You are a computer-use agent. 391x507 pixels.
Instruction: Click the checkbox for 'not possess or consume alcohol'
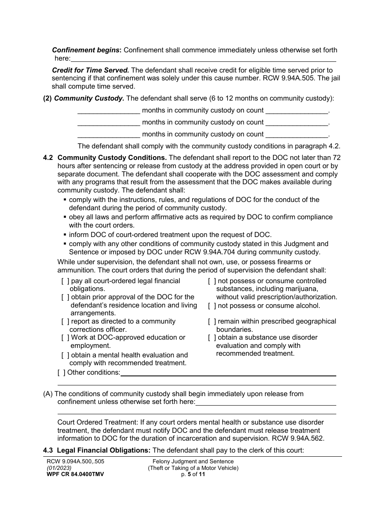pyautogui.click(x=212, y=306)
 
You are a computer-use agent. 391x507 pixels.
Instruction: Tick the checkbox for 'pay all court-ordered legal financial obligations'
pyautogui.click(x=65, y=281)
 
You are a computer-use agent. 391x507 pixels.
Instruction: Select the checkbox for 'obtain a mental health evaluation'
pyautogui.click(x=65, y=355)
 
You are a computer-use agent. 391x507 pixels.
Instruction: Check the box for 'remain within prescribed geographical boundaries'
pyautogui.click(x=212, y=322)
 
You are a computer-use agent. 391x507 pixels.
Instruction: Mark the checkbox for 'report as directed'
pyautogui.click(x=65, y=322)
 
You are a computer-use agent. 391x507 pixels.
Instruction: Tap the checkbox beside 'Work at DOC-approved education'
pyautogui.click(x=65, y=338)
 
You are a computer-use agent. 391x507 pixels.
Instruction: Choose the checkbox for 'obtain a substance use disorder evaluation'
pyautogui.click(x=212, y=338)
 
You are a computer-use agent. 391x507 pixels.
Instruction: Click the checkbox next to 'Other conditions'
pyautogui.click(x=61, y=373)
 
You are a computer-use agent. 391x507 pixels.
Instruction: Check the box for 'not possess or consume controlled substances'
pyautogui.click(x=212, y=281)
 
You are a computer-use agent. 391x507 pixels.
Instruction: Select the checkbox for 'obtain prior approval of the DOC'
pyautogui.click(x=65, y=297)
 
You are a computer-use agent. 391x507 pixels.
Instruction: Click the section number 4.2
pyautogui.click(x=48, y=158)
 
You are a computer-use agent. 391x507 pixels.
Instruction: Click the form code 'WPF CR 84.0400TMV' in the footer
pyautogui.click(x=75, y=474)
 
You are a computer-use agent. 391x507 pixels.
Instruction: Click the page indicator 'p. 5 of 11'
pyautogui.click(x=193, y=474)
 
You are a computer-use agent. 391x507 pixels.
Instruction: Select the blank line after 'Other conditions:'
pyautogui.click(x=228, y=373)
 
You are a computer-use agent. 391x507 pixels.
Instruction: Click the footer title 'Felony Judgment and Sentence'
pyautogui.click(x=193, y=462)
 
